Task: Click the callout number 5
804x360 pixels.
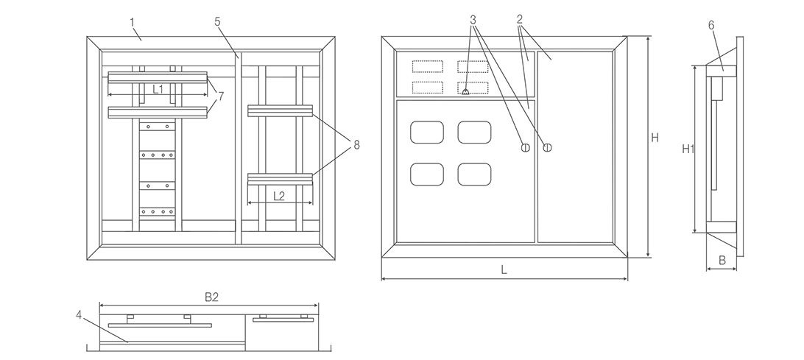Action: pos(218,22)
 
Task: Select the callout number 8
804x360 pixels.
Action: pos(356,145)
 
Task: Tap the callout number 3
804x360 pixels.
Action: pos(474,18)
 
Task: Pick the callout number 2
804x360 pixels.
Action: pos(520,18)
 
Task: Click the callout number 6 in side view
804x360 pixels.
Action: pos(711,24)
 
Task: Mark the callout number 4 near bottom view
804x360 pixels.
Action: pos(80,314)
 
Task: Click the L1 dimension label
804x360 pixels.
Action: pos(158,89)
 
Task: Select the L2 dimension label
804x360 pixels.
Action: pos(279,196)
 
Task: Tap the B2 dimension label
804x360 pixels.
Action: pos(211,297)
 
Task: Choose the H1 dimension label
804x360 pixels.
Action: pos(688,149)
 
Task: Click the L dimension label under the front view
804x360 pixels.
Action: pos(504,270)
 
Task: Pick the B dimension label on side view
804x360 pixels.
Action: pos(722,260)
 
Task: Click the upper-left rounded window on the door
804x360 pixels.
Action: pos(427,133)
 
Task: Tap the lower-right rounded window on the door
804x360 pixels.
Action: pos(474,174)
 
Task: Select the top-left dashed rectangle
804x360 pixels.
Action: pos(427,67)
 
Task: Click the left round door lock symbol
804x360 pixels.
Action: pos(526,147)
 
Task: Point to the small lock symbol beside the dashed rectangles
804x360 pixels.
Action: pos(465,92)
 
